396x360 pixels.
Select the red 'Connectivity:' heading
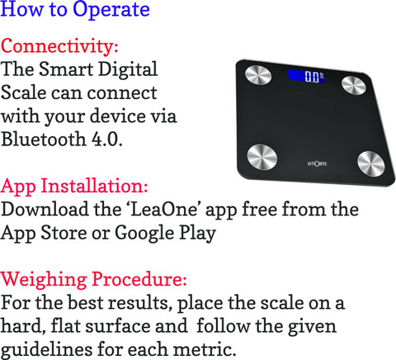click(59, 46)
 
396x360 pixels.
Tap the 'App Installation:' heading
click(74, 186)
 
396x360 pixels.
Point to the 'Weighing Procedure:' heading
click(94, 280)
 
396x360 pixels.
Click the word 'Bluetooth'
click(44, 139)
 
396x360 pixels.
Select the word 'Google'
click(144, 234)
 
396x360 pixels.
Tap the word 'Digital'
click(128, 70)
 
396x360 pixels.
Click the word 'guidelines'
click(46, 350)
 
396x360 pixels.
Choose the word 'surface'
click(117, 326)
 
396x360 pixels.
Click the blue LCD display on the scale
click(306, 76)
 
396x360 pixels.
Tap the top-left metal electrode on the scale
click(258, 75)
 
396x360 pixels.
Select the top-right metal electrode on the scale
click(354, 85)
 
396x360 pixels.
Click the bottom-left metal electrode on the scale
click(262, 157)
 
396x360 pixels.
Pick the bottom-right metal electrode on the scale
click(371, 163)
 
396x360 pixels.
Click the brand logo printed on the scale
click(317, 163)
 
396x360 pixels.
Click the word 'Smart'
click(66, 69)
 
